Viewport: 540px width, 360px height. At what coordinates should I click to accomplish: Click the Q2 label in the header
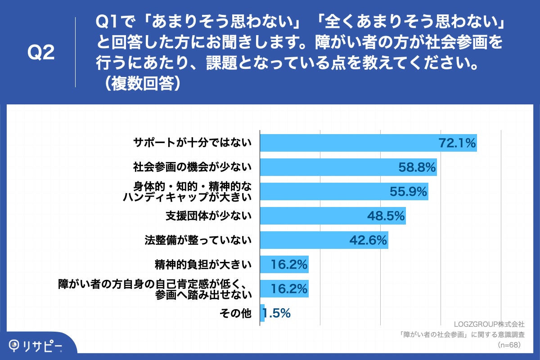pyautogui.click(x=41, y=53)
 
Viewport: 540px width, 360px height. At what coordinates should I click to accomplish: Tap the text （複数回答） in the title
pyautogui.click(x=140, y=84)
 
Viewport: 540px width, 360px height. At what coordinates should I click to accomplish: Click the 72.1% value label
pyautogui.click(x=457, y=143)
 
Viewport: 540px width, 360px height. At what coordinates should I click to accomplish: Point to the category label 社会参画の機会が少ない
pyautogui.click(x=192, y=167)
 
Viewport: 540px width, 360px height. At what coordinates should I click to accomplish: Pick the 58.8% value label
pyautogui.click(x=417, y=167)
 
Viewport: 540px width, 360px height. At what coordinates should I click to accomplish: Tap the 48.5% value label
pyautogui.click(x=386, y=216)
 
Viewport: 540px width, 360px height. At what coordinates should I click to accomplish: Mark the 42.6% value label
pyautogui.click(x=368, y=241)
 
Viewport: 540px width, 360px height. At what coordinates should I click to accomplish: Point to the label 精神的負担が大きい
pyautogui.click(x=203, y=265)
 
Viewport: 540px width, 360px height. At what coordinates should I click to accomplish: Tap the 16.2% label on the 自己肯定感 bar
pyautogui.click(x=289, y=289)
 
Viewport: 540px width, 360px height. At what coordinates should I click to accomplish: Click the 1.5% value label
pyautogui.click(x=277, y=314)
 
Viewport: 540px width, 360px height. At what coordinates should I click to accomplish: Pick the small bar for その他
pyautogui.click(x=262, y=313)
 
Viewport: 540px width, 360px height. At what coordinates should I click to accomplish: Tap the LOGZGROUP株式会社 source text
pyautogui.click(x=489, y=324)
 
